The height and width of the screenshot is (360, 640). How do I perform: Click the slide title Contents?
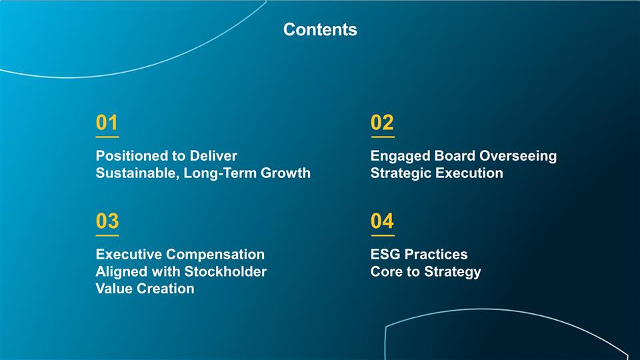tap(320, 30)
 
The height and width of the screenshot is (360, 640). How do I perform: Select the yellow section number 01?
tap(107, 123)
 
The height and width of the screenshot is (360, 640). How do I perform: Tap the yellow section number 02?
tap(382, 123)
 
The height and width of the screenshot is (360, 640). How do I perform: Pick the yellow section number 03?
tap(107, 221)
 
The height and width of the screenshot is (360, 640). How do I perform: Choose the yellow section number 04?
tap(382, 221)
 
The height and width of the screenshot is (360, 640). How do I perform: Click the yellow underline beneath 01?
tap(107, 137)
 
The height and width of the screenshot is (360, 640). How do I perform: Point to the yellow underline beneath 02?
tap(382, 137)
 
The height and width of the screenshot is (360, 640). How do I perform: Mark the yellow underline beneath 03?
tap(107, 235)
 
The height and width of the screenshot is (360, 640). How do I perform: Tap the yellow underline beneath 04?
tap(382, 235)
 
